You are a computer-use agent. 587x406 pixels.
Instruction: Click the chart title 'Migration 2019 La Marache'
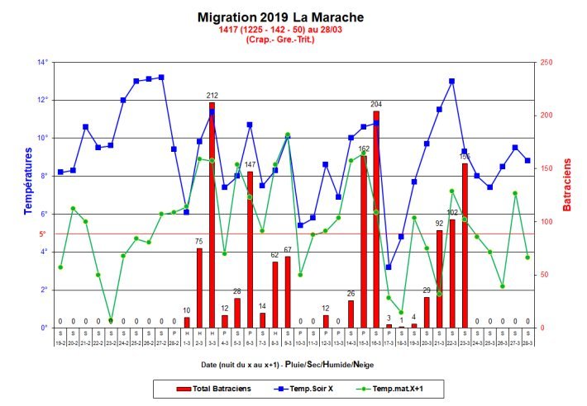point(280,17)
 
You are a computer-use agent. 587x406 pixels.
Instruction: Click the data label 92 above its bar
point(439,223)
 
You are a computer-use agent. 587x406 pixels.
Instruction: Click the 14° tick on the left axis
point(41,62)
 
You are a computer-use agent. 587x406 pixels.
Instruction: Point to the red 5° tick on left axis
point(43,234)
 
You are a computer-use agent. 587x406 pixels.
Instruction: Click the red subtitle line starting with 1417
point(280,30)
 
